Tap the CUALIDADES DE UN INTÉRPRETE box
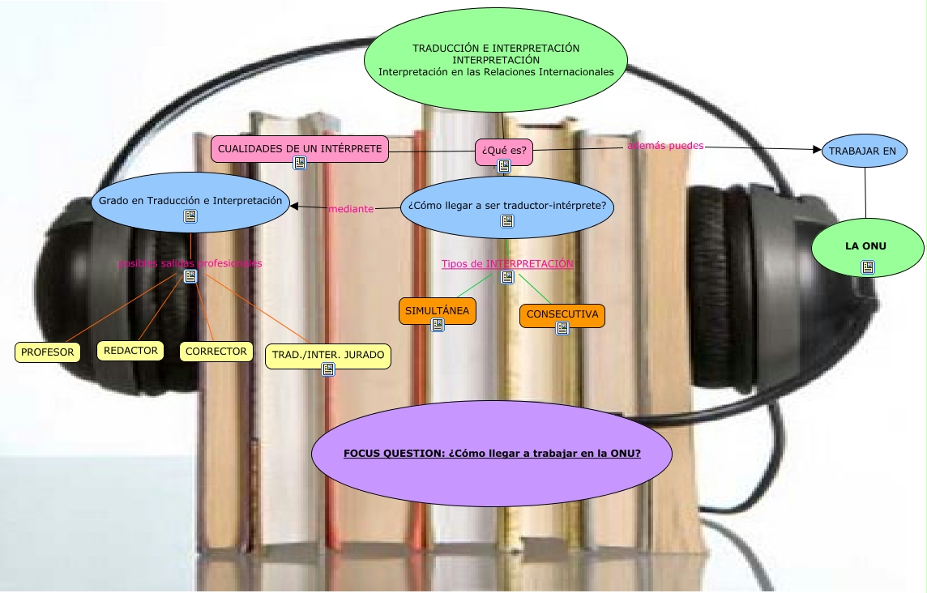[x=299, y=149]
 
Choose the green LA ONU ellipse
[x=867, y=246]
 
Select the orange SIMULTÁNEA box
[x=437, y=311]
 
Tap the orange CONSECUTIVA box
[x=562, y=314]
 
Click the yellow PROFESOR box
[x=48, y=352]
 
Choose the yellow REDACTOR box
[x=130, y=351]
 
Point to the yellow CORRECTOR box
[x=216, y=352]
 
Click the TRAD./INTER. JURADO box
[x=328, y=356]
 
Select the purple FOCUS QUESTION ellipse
[x=492, y=454]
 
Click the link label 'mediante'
[x=351, y=209]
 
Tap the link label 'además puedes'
[x=665, y=146]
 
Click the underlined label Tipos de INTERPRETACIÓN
[x=507, y=264]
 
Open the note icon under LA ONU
[x=868, y=267]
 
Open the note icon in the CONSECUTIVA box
[x=562, y=328]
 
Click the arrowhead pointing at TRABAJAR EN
[x=817, y=149]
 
